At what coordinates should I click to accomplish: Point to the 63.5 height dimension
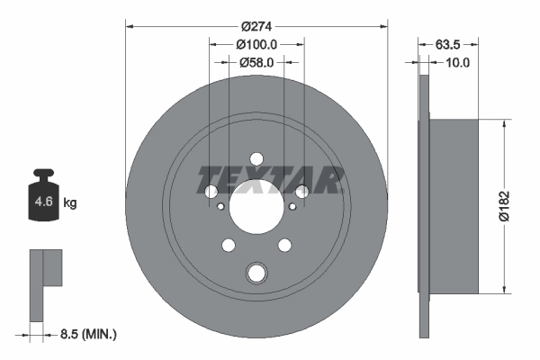(x=449, y=42)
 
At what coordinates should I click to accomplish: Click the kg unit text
(x=69, y=203)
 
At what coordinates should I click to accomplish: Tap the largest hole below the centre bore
(x=256, y=273)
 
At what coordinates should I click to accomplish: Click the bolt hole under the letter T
(x=211, y=192)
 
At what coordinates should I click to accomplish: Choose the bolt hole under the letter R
(x=302, y=191)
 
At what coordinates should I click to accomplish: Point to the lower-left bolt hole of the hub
(x=228, y=245)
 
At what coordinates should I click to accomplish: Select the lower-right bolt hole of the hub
(x=285, y=245)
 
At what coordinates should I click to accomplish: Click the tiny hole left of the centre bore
(x=220, y=205)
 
